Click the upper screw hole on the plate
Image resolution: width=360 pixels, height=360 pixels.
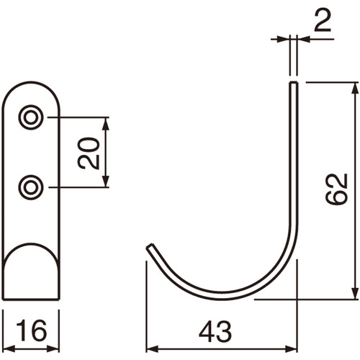[30, 117]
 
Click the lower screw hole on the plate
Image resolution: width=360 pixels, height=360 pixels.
[30, 188]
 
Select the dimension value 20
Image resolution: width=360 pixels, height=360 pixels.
[89, 153]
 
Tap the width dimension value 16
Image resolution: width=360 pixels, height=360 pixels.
[31, 330]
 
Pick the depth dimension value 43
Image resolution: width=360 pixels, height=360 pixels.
[215, 330]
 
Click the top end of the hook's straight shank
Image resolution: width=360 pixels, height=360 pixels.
[293, 84]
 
